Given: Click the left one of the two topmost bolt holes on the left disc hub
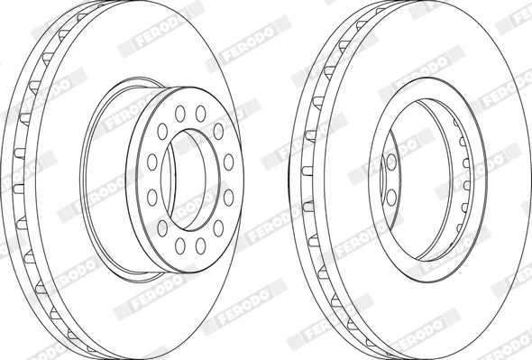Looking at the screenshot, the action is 179,114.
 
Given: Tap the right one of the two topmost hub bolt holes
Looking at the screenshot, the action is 200,114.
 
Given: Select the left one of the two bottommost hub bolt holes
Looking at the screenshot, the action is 179,246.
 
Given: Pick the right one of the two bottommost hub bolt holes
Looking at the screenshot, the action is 200,246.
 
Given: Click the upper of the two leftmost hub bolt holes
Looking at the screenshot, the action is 152,162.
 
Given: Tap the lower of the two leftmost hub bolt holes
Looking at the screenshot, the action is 152,198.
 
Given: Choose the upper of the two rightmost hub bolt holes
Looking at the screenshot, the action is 229,162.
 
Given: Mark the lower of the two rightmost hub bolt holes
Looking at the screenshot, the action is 229,198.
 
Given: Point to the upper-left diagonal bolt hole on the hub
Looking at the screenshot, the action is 162,132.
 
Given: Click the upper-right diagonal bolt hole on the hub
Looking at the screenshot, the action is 218,132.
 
